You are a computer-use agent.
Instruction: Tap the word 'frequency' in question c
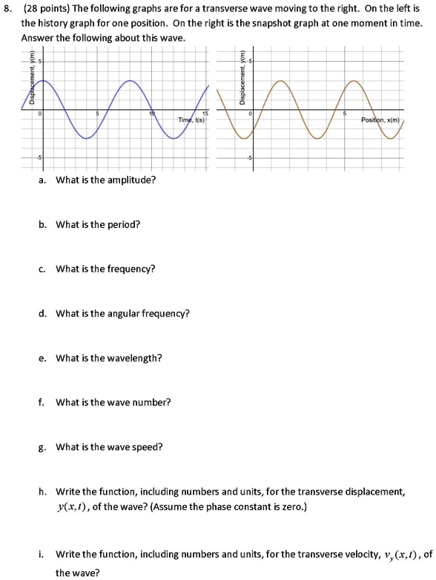(x=132, y=269)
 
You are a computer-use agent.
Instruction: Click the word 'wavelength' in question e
(x=134, y=358)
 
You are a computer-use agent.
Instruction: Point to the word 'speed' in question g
(x=150, y=447)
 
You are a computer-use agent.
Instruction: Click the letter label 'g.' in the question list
(x=42, y=447)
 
